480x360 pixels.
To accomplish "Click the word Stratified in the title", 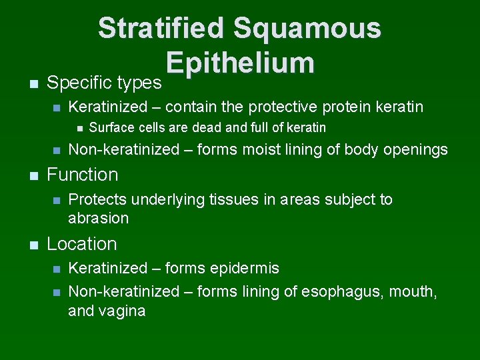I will tap(160, 29).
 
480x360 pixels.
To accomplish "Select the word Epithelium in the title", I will tap(240, 63).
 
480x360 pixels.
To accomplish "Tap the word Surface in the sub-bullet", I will tap(109, 127).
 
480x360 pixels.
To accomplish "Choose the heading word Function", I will tap(82, 175).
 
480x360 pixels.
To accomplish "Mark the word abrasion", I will tap(98, 218).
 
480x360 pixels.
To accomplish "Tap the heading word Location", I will tap(81, 244).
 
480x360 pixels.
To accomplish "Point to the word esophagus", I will tap(340, 291).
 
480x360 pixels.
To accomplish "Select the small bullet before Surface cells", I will tap(79, 128).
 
